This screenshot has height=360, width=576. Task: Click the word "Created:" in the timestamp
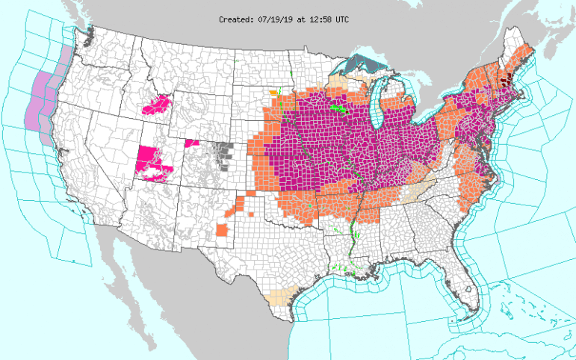(x=236, y=19)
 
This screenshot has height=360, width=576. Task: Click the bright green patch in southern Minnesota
(x=338, y=108)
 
